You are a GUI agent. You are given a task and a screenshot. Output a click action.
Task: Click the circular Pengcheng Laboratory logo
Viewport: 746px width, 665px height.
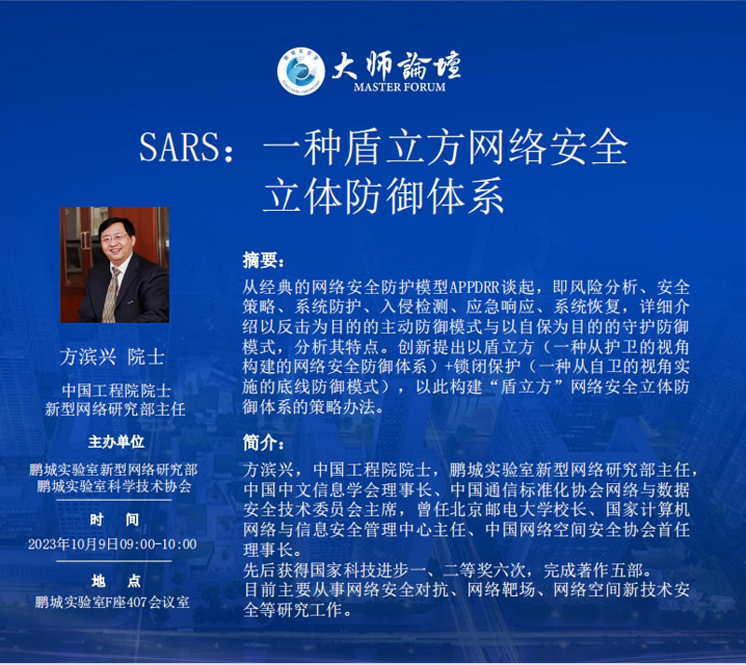tap(300, 71)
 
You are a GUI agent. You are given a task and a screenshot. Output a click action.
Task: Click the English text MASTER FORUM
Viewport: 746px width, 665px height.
tap(400, 87)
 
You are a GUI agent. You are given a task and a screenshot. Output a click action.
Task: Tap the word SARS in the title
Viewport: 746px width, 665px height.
tap(179, 147)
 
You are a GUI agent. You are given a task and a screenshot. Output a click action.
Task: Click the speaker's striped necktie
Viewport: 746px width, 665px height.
tap(111, 295)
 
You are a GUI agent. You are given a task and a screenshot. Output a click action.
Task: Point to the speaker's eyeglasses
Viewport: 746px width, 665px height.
tap(114, 237)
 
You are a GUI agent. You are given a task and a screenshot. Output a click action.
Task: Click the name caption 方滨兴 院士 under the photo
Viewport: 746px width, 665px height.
tap(112, 356)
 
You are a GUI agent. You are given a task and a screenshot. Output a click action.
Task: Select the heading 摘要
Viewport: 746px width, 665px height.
tap(263, 260)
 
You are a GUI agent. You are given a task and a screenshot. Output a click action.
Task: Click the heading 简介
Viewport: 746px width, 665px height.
tap(263, 443)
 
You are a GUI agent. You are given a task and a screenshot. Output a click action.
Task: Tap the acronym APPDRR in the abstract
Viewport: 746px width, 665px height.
tap(475, 287)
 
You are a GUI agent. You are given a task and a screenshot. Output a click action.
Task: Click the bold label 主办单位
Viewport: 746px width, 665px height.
tap(116, 442)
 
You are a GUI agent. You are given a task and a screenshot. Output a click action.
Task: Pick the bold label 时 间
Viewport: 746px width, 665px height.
tap(114, 520)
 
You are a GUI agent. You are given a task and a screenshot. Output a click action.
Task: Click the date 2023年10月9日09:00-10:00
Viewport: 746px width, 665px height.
tap(112, 544)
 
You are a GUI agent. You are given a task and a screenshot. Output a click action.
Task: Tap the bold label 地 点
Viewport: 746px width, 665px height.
tap(116, 581)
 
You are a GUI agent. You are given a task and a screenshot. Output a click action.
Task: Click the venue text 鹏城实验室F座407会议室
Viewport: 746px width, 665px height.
tap(112, 603)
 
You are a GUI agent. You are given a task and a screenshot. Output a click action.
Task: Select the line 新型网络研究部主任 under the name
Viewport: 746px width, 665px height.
tap(115, 409)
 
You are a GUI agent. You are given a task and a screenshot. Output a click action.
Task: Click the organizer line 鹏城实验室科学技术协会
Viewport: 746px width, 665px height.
tap(114, 486)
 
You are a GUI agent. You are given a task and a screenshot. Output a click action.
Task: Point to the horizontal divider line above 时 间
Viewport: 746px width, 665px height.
tap(114, 500)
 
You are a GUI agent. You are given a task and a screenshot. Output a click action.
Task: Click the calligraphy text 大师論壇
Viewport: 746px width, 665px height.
tap(395, 65)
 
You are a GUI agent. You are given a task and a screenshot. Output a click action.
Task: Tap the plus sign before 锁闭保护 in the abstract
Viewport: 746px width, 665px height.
tap(449, 367)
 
